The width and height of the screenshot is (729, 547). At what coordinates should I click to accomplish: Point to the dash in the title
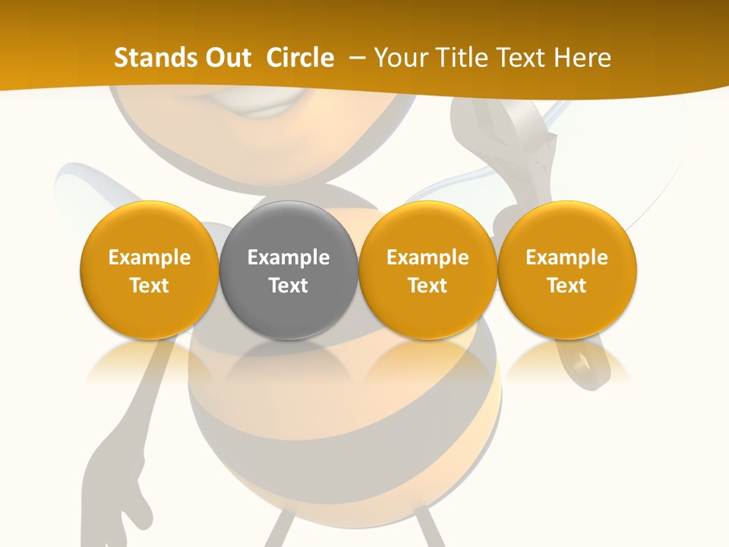point(355,58)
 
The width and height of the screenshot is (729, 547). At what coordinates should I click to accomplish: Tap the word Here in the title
point(582,58)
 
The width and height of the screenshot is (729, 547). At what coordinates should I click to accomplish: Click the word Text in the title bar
point(522,58)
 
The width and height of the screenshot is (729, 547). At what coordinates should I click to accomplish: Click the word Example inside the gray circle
point(289,258)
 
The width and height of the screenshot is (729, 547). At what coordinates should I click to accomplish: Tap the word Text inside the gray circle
point(289,286)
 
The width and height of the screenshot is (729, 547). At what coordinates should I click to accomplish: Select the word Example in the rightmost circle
point(566,258)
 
